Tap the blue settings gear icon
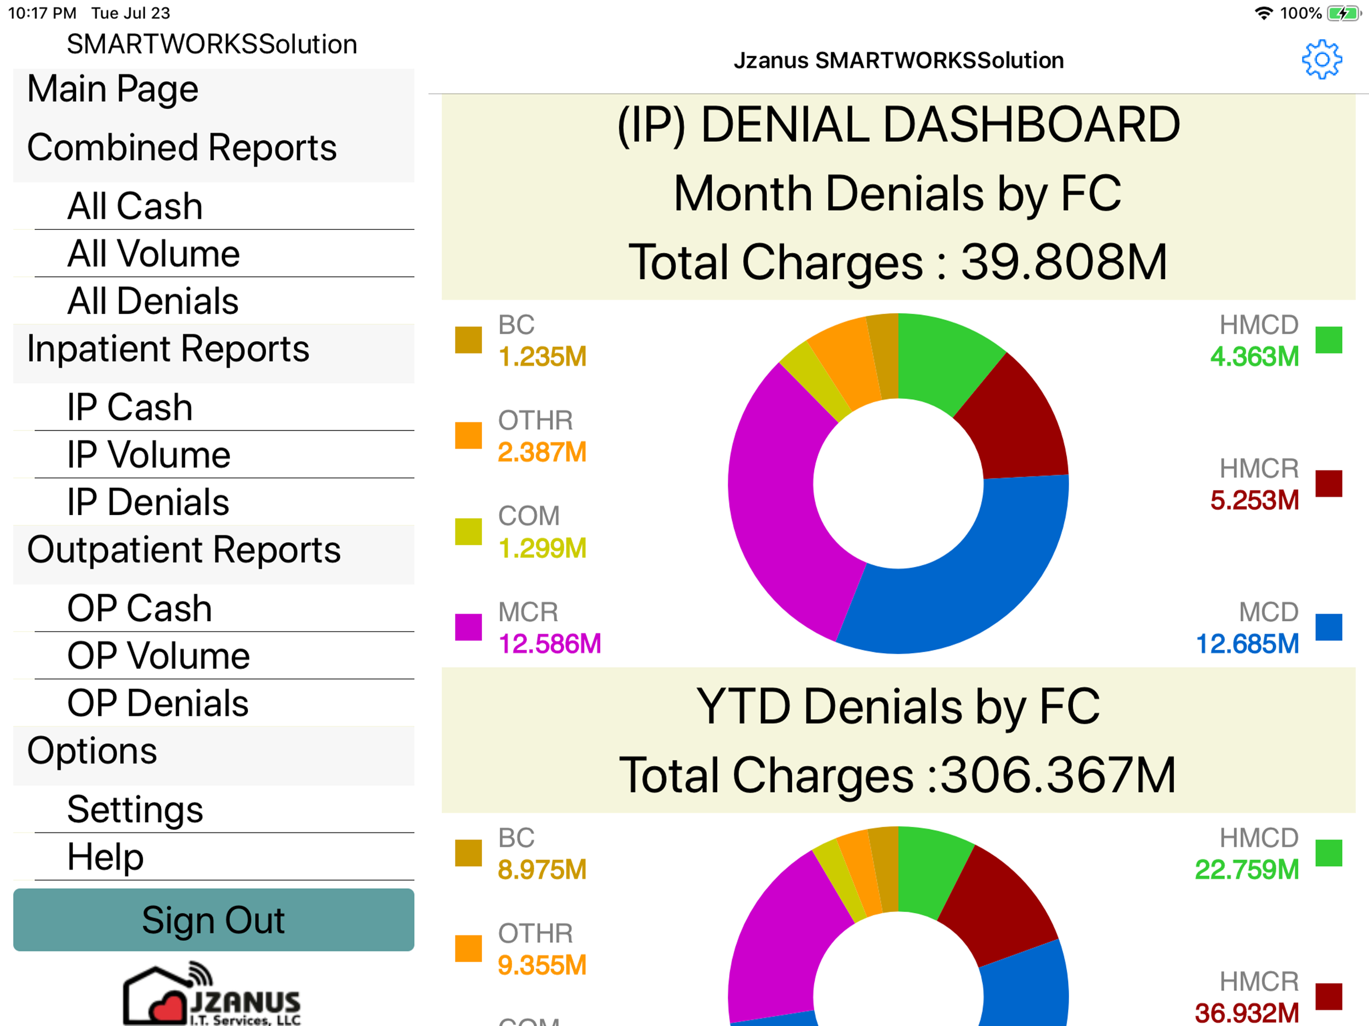(1321, 60)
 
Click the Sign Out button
(213, 920)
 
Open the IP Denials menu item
(148, 502)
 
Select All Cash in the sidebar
(135, 206)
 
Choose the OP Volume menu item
(158, 656)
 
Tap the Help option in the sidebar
(105, 857)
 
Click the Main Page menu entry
(113, 89)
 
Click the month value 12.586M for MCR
(550, 644)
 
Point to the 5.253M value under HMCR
(1255, 500)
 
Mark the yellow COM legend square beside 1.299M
(469, 532)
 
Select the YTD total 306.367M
(1058, 775)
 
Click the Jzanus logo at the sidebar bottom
(211, 994)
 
